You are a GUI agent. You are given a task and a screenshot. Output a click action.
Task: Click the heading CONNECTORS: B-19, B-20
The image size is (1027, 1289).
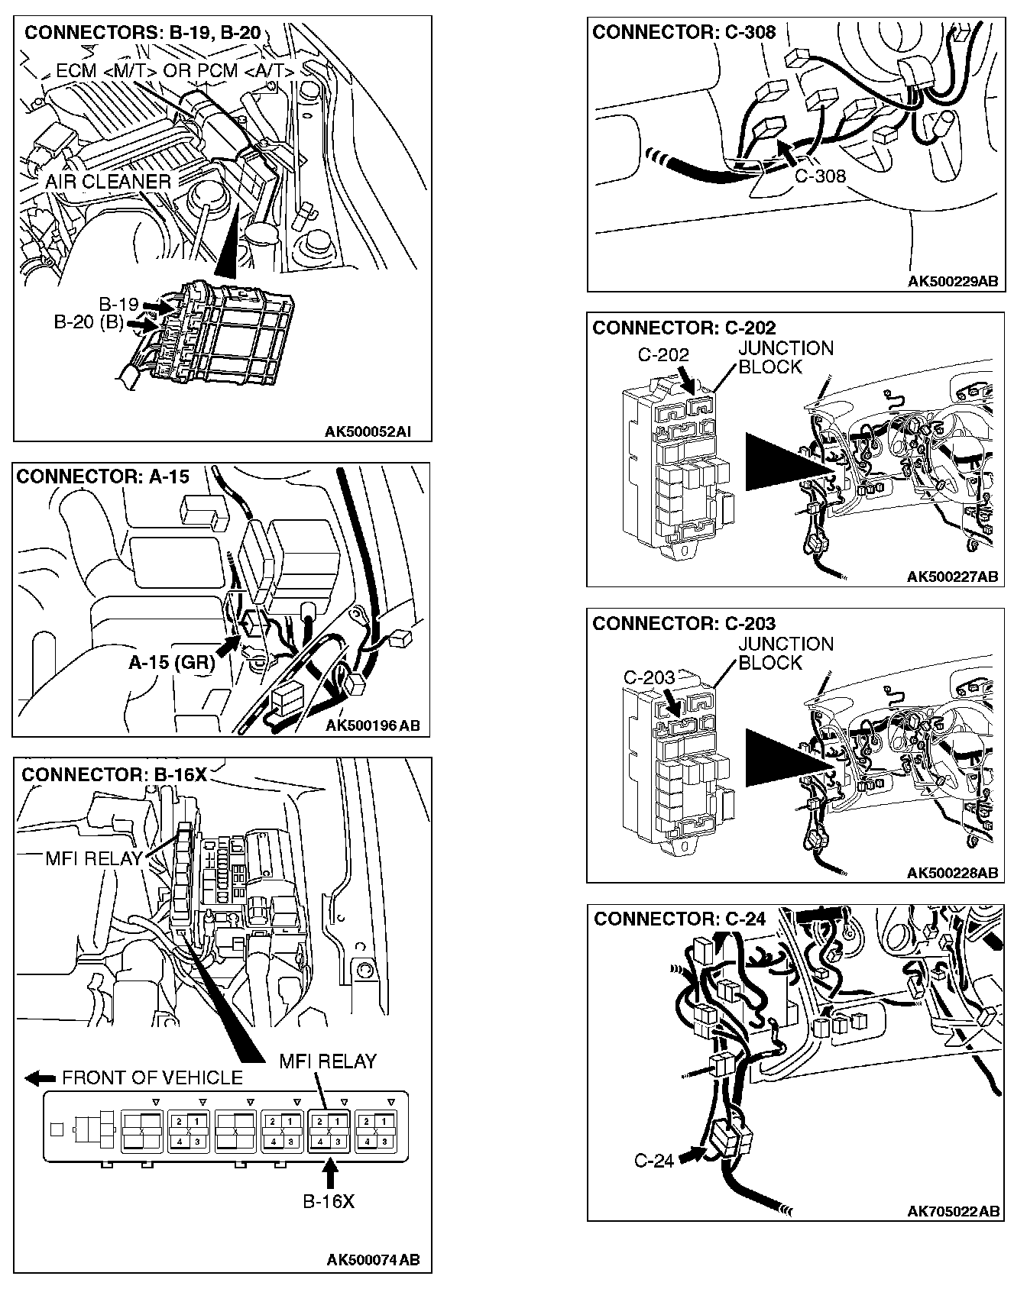[143, 33]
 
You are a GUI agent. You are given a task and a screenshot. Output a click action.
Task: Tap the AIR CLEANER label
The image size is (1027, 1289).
[108, 182]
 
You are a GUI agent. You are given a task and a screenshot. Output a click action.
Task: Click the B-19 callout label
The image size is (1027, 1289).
[118, 304]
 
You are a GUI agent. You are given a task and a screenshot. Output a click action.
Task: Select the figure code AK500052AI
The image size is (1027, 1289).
[368, 431]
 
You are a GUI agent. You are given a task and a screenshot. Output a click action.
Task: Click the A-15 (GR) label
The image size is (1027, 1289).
[171, 662]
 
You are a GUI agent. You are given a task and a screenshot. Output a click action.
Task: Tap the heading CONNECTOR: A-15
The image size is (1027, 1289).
[103, 477]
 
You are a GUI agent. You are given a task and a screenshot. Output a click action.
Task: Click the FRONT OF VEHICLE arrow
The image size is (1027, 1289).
[40, 1078]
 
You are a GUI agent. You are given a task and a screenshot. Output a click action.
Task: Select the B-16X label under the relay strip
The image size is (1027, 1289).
[329, 1201]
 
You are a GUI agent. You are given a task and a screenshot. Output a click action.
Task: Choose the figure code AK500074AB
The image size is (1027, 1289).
[373, 1260]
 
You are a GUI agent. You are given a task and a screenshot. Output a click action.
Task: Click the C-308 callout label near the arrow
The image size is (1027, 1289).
[820, 176]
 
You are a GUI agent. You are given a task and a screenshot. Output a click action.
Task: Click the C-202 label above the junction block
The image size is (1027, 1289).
[663, 355]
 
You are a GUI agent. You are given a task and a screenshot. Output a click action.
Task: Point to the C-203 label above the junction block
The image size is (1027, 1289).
[650, 677]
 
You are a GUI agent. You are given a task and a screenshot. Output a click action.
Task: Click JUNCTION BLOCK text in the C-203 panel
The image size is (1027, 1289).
[786, 654]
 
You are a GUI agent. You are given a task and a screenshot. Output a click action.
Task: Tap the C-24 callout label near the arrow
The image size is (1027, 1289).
[654, 1161]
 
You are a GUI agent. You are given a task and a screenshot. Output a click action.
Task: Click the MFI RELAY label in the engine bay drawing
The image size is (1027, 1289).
[94, 858]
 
